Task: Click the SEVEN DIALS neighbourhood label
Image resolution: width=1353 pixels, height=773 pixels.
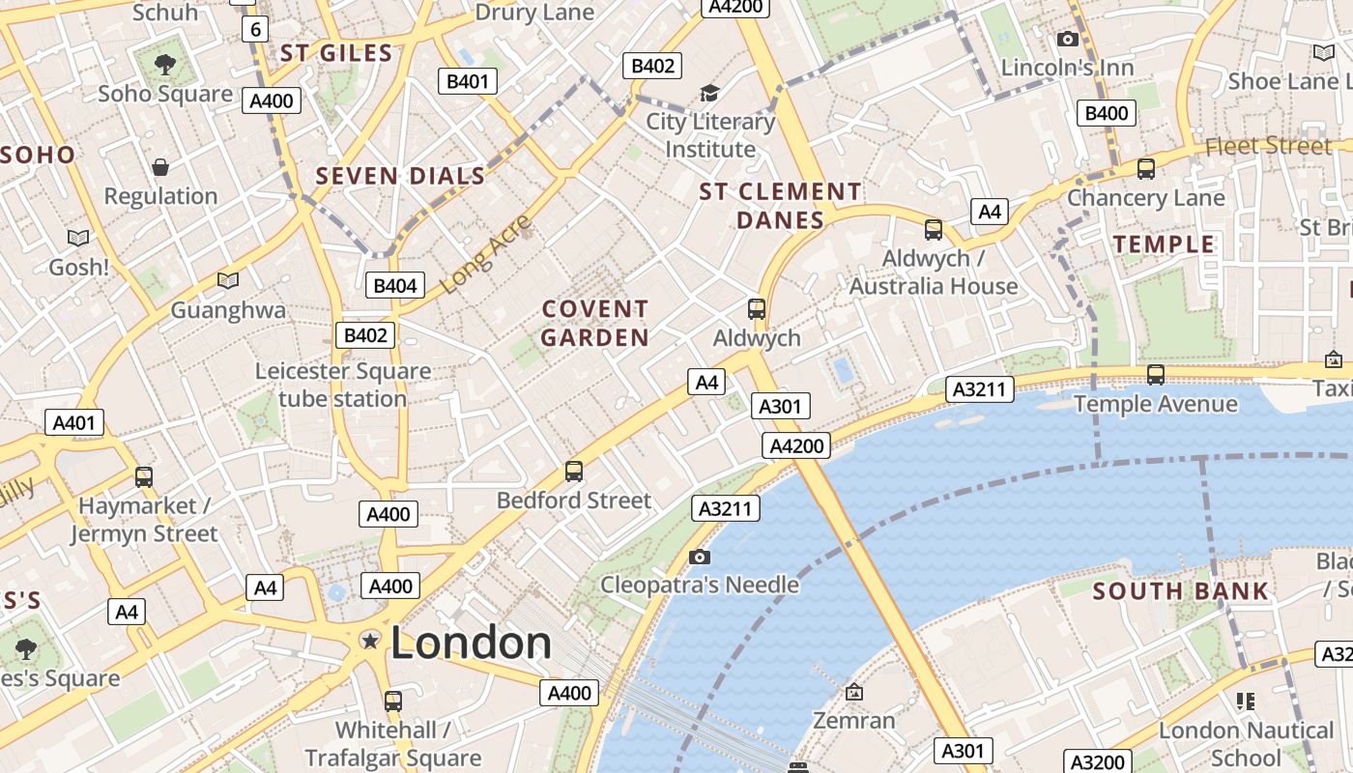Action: tap(400, 176)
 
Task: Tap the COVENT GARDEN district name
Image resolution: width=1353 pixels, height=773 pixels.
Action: tap(594, 323)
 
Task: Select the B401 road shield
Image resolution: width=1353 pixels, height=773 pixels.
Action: tap(468, 81)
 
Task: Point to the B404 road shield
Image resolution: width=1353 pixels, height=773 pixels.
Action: tap(395, 285)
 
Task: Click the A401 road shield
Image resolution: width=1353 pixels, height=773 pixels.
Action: tap(73, 422)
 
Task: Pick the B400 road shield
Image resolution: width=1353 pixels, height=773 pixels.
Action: tap(1107, 113)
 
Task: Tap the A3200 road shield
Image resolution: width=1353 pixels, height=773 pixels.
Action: tap(1099, 762)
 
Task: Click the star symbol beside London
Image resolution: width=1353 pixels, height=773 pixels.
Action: tap(369, 641)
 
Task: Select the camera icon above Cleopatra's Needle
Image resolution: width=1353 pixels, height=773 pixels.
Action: tap(700, 557)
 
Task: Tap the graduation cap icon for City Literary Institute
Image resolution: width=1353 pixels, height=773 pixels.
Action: tap(710, 94)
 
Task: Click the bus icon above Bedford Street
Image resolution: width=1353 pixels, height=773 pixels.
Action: tap(574, 472)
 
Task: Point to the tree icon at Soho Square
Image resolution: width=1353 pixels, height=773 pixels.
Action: tap(165, 65)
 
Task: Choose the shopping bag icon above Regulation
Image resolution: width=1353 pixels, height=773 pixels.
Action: tap(160, 167)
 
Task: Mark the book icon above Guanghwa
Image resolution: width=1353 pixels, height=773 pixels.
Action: tap(228, 281)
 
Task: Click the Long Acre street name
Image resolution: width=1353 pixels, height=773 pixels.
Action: tap(486, 254)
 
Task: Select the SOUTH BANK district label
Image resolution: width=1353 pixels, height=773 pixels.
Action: tap(1180, 591)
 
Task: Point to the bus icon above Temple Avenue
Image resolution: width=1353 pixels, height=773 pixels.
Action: tap(1155, 375)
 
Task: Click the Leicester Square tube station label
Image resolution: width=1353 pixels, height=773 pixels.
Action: tap(343, 385)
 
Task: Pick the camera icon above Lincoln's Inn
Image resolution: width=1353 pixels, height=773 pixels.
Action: tap(1068, 39)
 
